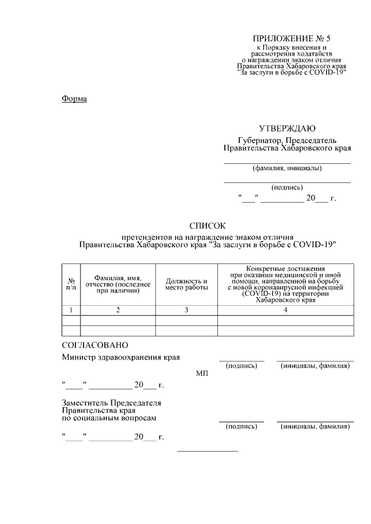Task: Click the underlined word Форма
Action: point(74,99)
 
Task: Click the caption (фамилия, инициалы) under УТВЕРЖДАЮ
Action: point(287,168)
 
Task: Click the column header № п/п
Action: point(71,283)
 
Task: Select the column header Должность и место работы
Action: point(186,284)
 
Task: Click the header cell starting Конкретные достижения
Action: point(285,284)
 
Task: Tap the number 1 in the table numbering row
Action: point(71,310)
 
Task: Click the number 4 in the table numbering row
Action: point(285,310)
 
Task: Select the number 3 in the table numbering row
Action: point(186,310)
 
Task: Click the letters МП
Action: point(202,374)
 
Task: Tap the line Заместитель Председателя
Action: point(111,402)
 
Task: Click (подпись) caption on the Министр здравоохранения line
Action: point(241,366)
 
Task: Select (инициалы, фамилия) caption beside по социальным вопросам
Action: point(315,426)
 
